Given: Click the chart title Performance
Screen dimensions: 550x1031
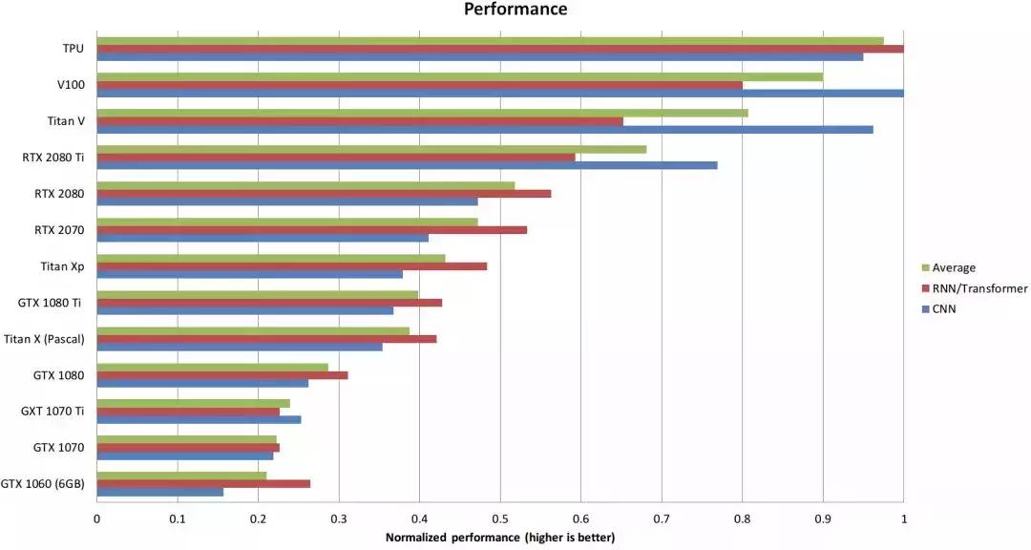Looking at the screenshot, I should tap(515, 10).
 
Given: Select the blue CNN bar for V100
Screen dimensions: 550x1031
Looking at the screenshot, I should tap(499, 94).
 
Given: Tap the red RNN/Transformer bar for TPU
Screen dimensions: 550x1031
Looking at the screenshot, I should tap(499, 49).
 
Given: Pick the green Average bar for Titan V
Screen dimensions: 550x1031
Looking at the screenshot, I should tap(422, 113).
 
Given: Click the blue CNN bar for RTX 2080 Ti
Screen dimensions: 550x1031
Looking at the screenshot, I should tap(407, 165).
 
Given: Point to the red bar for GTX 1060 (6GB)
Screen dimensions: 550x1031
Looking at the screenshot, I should tap(203, 483).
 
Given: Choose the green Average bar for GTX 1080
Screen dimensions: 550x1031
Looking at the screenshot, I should tap(212, 367).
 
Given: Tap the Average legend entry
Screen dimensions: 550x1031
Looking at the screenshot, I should tap(955, 267).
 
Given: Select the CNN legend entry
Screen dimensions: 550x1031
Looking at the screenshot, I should tap(946, 308).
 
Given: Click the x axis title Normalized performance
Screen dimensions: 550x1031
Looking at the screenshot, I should tap(500, 539).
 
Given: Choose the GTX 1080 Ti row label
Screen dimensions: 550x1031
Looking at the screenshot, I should tap(51, 303).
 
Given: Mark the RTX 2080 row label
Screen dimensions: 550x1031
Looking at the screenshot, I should tap(59, 194).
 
